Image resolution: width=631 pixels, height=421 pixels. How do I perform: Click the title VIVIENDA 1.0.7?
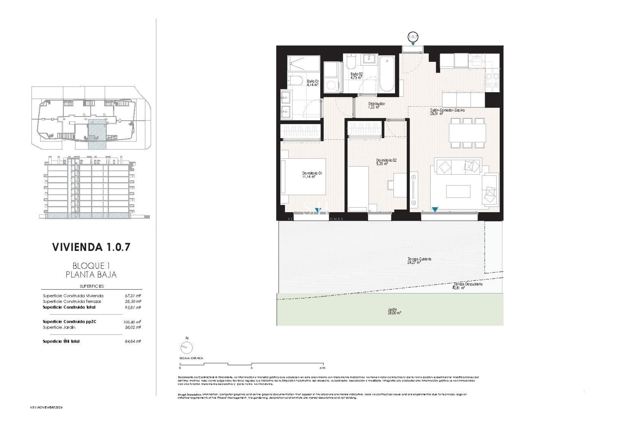(91, 247)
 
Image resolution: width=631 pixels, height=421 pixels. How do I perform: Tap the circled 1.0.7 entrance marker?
(413, 37)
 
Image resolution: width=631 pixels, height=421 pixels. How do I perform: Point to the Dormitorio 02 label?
(386, 162)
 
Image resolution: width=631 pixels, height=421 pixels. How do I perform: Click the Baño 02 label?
(356, 76)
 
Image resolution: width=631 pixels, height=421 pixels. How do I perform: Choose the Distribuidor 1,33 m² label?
(376, 105)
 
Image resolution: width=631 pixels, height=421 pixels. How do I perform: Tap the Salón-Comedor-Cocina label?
(447, 111)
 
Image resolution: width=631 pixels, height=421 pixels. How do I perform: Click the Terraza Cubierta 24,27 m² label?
(419, 260)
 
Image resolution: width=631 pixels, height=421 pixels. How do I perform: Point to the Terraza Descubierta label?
(468, 285)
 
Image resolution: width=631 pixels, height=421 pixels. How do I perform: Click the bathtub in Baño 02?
(387, 74)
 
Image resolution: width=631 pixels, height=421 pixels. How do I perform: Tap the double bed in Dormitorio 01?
(304, 177)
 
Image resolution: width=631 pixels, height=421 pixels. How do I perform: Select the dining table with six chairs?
(467, 133)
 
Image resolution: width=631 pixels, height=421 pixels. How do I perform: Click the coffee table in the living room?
(458, 191)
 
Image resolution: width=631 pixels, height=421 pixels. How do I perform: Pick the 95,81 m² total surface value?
(133, 308)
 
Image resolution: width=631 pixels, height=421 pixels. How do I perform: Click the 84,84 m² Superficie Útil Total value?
(133, 341)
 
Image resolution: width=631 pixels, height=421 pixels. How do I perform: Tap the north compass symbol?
(187, 347)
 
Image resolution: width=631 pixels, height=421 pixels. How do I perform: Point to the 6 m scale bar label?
(322, 368)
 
